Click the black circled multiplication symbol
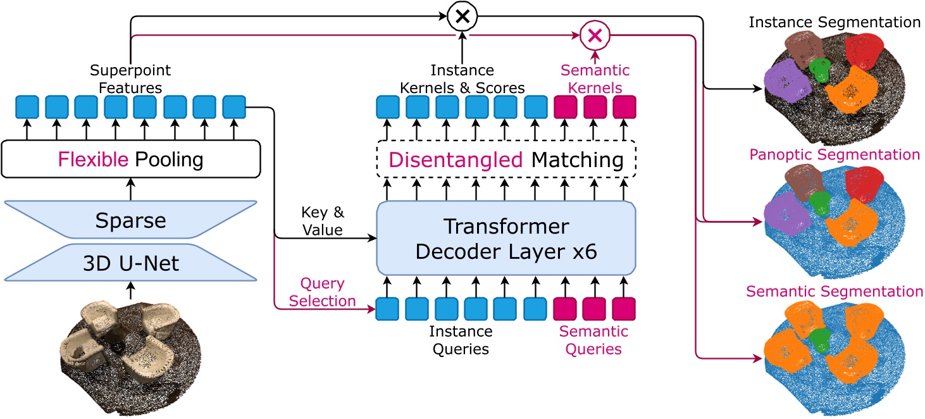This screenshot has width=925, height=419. [x=463, y=16]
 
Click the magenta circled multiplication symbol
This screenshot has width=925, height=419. [x=595, y=35]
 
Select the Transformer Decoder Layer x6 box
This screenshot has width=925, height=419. [x=506, y=238]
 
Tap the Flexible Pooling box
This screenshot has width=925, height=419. [x=131, y=159]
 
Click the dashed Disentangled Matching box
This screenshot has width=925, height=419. [x=506, y=159]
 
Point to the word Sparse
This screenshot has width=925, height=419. [x=130, y=220]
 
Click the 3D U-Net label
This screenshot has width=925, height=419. [x=131, y=263]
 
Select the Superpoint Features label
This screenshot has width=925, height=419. [x=130, y=78]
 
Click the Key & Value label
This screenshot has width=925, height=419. [x=323, y=221]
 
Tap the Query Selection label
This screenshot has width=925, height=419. [x=323, y=292]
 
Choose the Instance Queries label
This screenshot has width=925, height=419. [x=461, y=340]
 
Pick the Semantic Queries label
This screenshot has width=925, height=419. [x=593, y=340]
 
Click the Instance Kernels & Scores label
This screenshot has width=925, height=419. [x=462, y=78]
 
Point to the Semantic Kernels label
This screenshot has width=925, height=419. [x=595, y=78]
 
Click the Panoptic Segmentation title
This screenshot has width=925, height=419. [x=835, y=154]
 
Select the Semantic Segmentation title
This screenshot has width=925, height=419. [x=835, y=291]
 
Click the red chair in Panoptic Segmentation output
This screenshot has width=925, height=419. [x=864, y=184]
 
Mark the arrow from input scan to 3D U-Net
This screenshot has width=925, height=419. [x=131, y=290]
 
